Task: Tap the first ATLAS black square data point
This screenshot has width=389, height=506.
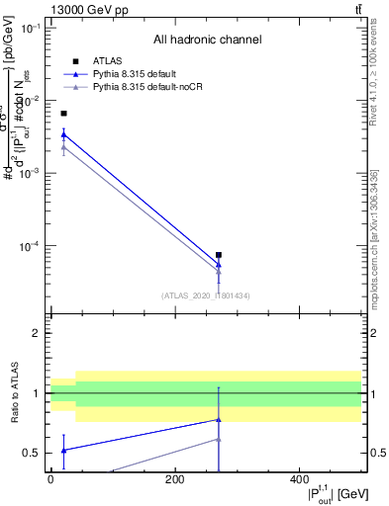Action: pos(64,114)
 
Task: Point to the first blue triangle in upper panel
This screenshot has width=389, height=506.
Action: pos(64,134)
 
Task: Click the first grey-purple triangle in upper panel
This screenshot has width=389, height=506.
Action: pos(64,147)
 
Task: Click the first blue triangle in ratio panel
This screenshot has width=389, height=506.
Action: pos(64,450)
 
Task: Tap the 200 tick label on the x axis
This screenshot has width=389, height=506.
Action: pos(175,479)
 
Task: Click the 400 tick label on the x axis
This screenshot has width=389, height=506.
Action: pos(300,479)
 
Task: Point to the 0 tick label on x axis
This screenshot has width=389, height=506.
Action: pos(50,479)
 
